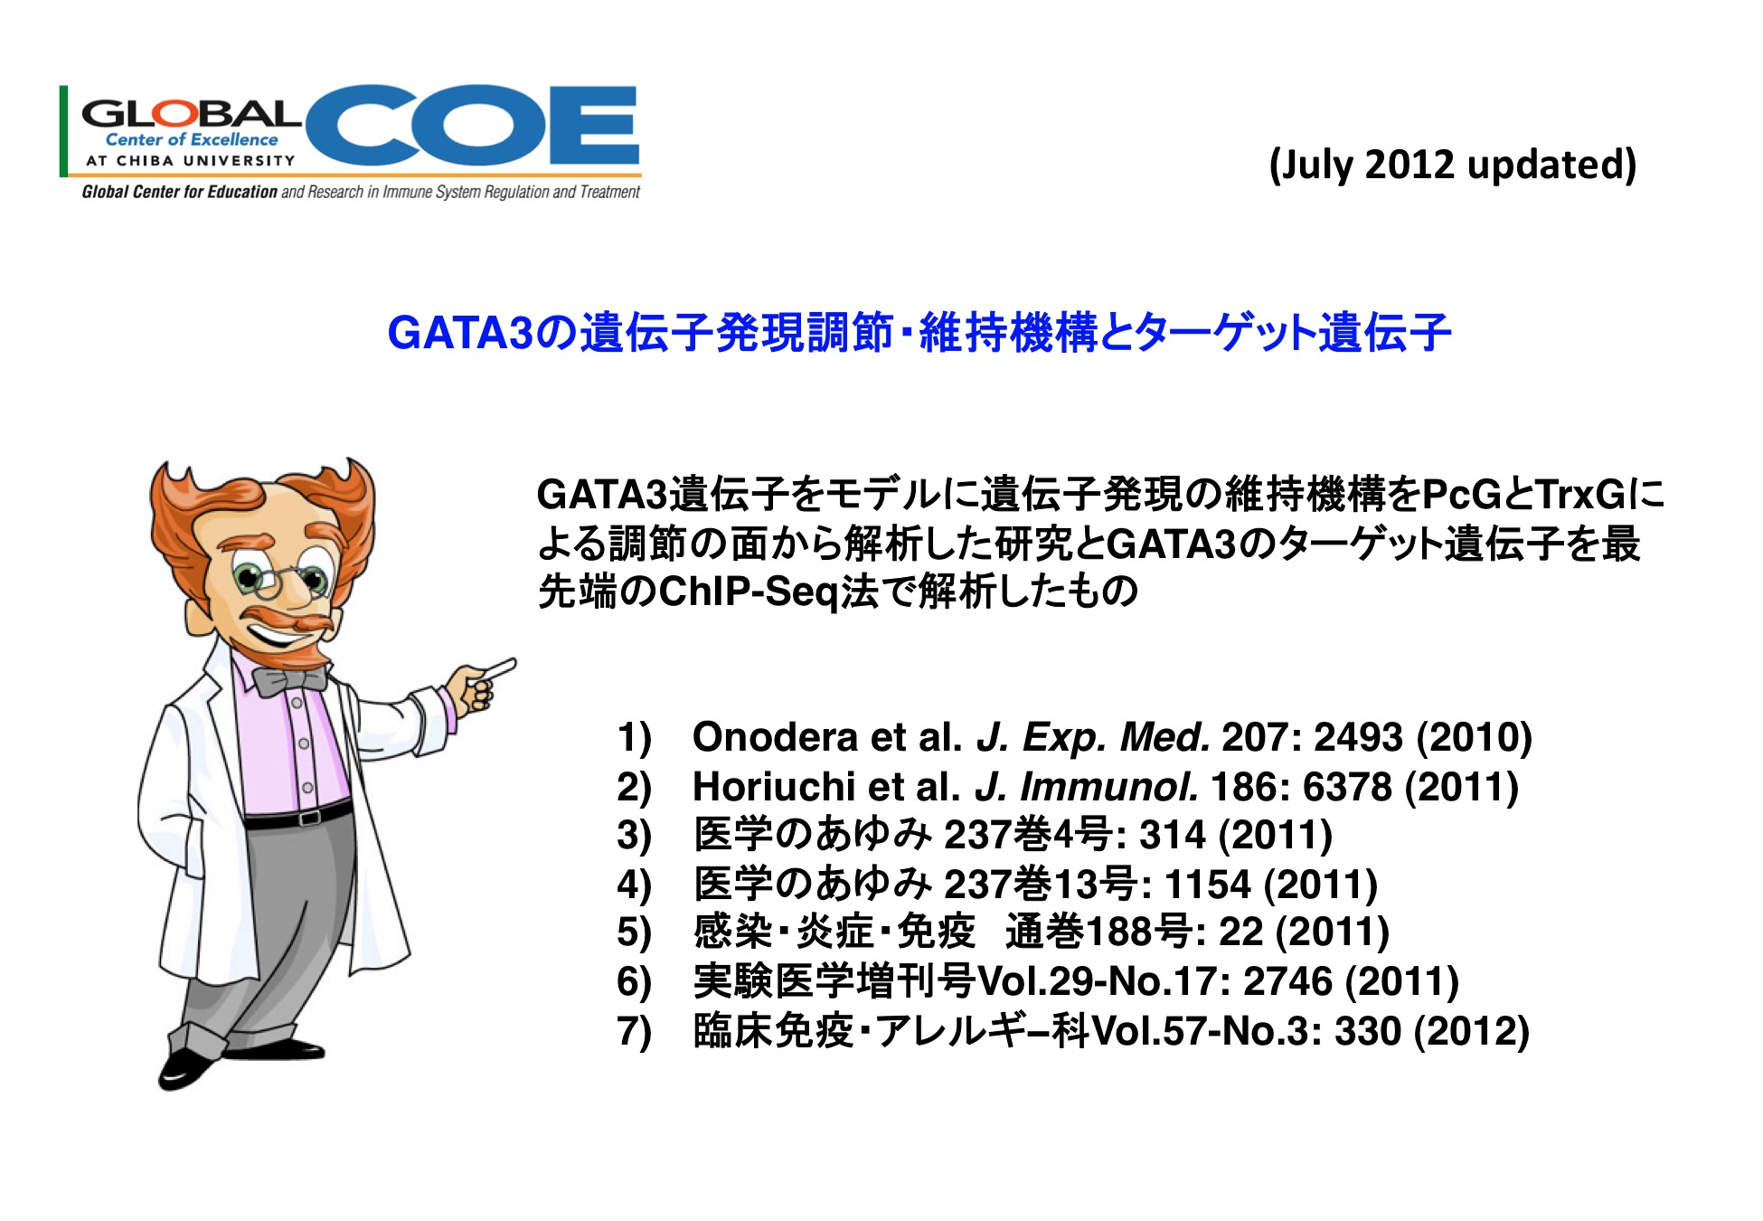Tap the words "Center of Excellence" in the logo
192,139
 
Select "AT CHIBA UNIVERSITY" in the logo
190,161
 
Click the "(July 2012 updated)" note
1453,165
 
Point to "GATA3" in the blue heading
461,332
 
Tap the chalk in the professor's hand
499,668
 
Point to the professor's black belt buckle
309,817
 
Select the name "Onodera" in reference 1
775,737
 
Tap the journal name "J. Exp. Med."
1093,737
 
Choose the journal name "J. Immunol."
1087,786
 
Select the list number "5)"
634,932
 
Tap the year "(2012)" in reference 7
1472,1031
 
